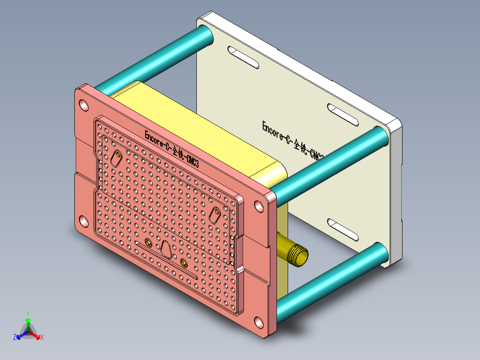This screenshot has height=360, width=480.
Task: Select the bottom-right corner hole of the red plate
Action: click(x=259, y=322)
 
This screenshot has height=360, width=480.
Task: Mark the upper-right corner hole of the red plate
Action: click(x=259, y=206)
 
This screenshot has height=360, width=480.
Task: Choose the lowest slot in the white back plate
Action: click(x=343, y=229)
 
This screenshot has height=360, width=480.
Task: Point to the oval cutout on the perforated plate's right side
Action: click(x=216, y=215)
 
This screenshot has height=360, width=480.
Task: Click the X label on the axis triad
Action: click(x=42, y=338)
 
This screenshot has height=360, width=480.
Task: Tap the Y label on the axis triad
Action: click(x=28, y=313)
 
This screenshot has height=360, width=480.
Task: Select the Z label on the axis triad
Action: click(x=15, y=338)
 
